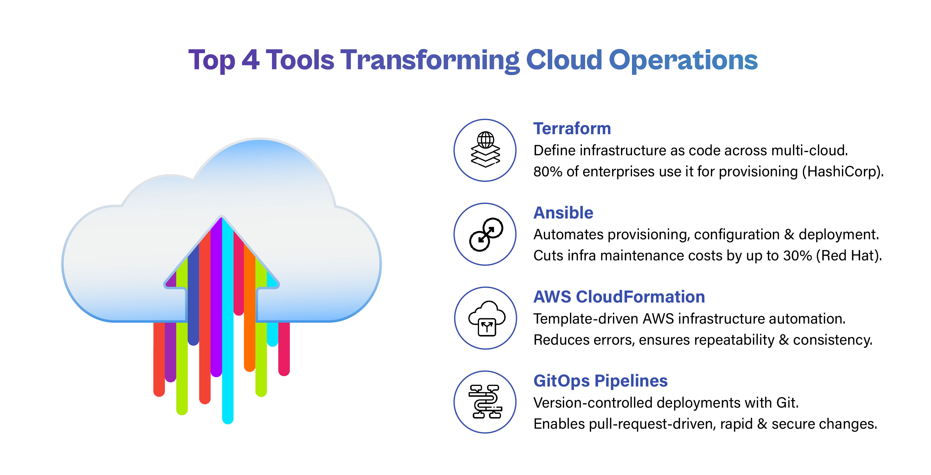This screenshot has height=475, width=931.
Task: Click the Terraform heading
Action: [572, 129]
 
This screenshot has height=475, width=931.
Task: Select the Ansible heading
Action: [563, 213]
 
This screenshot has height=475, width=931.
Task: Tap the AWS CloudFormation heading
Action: [619, 297]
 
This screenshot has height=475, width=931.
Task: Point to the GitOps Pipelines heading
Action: [600, 381]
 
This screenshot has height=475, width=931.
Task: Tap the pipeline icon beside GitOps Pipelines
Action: [485, 402]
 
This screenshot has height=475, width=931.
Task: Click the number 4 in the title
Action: [250, 60]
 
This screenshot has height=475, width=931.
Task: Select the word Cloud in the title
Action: [564, 60]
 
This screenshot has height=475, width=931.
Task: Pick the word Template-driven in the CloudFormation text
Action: [585, 319]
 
